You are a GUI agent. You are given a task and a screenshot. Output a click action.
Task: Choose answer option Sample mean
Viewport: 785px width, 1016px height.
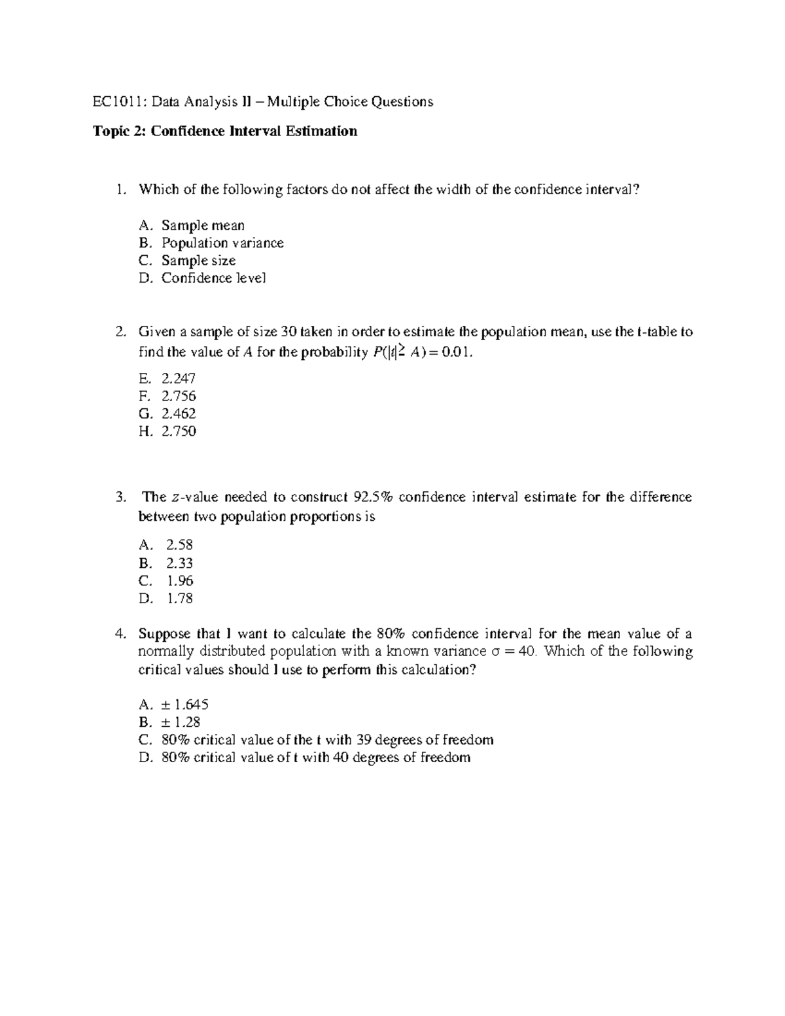(x=203, y=226)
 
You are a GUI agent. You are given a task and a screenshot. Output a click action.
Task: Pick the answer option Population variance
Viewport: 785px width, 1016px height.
(x=222, y=243)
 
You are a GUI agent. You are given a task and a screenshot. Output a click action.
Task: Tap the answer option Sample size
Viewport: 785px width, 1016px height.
(x=198, y=261)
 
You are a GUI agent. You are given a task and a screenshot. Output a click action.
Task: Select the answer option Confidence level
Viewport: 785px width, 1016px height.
(x=213, y=279)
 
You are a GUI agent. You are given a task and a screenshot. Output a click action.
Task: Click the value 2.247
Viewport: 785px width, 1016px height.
(x=179, y=379)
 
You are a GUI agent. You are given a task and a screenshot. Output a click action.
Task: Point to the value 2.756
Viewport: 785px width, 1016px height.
(x=179, y=396)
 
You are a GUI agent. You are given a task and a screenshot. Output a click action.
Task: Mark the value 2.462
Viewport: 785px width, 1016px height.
(x=179, y=414)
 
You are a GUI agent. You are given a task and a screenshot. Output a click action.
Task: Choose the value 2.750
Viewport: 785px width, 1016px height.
(x=179, y=432)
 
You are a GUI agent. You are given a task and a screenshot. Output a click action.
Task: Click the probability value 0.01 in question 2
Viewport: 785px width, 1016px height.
(x=455, y=353)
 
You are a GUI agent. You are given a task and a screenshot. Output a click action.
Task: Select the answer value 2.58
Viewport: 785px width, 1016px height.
(x=179, y=545)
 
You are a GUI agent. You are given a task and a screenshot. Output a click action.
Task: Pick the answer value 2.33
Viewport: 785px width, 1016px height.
(x=179, y=563)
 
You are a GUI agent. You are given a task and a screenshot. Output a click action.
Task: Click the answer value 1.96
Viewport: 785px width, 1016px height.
(x=179, y=581)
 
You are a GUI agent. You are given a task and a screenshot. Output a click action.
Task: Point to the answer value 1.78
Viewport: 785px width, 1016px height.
(x=179, y=599)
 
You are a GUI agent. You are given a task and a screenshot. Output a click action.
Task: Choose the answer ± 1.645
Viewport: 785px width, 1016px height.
(x=185, y=705)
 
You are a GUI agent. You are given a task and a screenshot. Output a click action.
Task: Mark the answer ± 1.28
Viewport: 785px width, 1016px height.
(x=181, y=722)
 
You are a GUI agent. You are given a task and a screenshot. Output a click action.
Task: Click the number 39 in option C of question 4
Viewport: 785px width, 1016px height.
(x=364, y=740)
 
